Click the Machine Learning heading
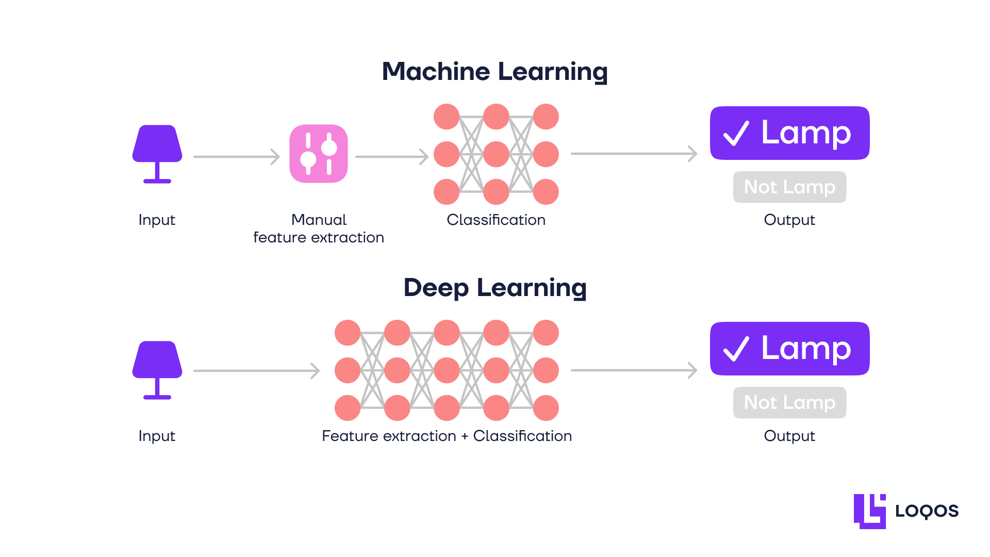tap(494, 71)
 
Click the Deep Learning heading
tap(494, 287)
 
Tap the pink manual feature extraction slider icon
tap(319, 154)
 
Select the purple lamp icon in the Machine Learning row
tap(157, 153)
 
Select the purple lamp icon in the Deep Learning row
tap(157, 369)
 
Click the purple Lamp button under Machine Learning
tap(789, 133)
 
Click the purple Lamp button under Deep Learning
tap(789, 349)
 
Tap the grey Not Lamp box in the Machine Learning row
tap(789, 187)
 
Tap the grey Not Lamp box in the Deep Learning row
tap(789, 402)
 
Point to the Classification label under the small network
tap(496, 220)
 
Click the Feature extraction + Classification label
tap(447, 436)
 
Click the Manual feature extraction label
tap(319, 228)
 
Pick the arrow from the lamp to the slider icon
tap(236, 156)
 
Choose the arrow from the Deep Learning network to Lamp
tap(634, 370)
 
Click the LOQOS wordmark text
tap(927, 511)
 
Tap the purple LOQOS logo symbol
tap(870, 511)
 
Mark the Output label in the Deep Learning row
tap(789, 436)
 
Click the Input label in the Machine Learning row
tap(157, 220)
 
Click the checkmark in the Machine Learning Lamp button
tap(736, 134)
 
